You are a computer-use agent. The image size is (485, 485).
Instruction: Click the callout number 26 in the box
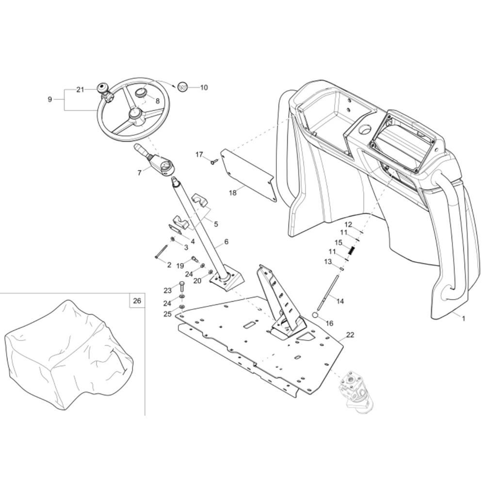(137, 301)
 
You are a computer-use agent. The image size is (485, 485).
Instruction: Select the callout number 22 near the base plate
(350, 335)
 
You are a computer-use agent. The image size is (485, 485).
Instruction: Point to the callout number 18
(233, 193)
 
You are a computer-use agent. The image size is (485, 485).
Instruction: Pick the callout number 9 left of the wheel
(49, 99)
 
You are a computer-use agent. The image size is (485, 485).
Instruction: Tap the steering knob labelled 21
(102, 88)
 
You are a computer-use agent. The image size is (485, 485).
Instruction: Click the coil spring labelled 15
(353, 250)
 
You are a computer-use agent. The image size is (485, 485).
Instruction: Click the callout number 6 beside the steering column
(226, 242)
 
